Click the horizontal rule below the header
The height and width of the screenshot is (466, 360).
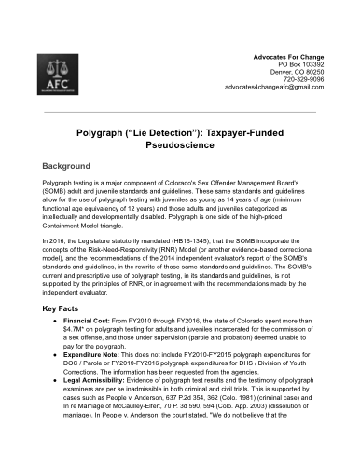[180, 113]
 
